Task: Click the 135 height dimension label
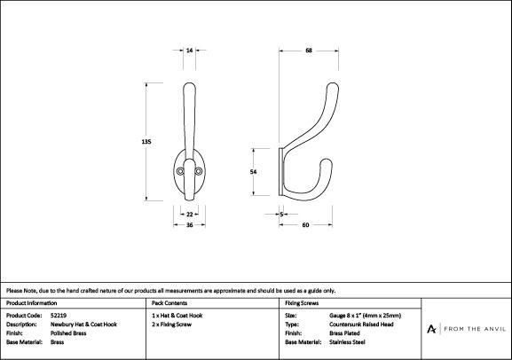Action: tap(146, 142)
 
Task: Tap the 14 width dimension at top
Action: tap(189, 51)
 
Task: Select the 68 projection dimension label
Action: tap(309, 51)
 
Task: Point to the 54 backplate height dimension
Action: tap(254, 172)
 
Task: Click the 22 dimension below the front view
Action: tap(189, 215)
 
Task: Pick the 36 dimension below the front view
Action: tap(189, 225)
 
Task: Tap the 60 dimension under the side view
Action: tap(305, 225)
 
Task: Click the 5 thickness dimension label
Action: tap(281, 215)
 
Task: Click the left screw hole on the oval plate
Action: tap(180, 171)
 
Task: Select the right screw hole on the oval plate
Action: tap(198, 171)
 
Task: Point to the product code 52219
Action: tap(59, 316)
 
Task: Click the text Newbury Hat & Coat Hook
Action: tap(83, 325)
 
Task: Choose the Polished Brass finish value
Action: tap(68, 333)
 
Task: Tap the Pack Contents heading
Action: tap(169, 303)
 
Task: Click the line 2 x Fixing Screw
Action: tap(172, 325)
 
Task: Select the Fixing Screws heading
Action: tap(302, 303)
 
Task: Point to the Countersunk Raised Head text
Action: tap(361, 325)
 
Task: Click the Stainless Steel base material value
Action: tap(347, 342)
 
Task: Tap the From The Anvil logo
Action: tap(466, 329)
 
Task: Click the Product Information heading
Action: tap(31, 303)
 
